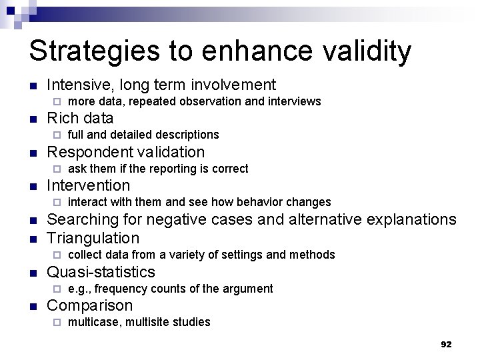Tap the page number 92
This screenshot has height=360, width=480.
(446, 344)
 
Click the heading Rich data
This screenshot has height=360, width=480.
(80, 118)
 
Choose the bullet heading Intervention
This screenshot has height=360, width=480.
(89, 185)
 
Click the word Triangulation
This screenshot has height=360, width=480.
(93, 238)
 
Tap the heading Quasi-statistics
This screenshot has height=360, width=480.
(101, 272)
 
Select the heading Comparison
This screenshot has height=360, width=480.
(90, 305)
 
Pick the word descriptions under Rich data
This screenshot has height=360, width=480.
(187, 135)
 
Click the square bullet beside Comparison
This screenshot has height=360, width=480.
(33, 306)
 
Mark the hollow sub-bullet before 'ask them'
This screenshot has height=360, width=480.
(57, 169)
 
